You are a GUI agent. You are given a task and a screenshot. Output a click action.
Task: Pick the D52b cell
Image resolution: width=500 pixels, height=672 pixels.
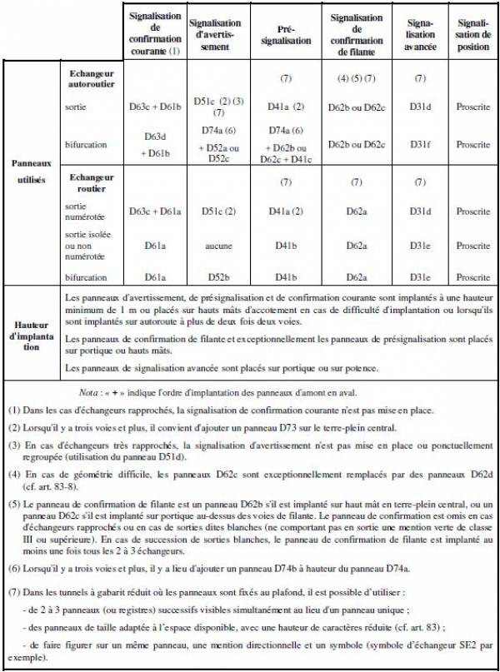215,277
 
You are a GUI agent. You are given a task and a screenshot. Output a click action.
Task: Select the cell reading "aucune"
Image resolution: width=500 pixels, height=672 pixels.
215,245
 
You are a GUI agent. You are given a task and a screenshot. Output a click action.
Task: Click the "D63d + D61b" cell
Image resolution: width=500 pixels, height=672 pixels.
155,144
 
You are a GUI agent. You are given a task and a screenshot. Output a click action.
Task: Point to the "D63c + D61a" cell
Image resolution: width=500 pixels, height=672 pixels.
155,212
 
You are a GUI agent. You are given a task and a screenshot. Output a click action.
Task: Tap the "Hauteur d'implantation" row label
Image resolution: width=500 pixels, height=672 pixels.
32,334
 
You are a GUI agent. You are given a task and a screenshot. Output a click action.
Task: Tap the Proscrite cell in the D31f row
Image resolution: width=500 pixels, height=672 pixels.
472,145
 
